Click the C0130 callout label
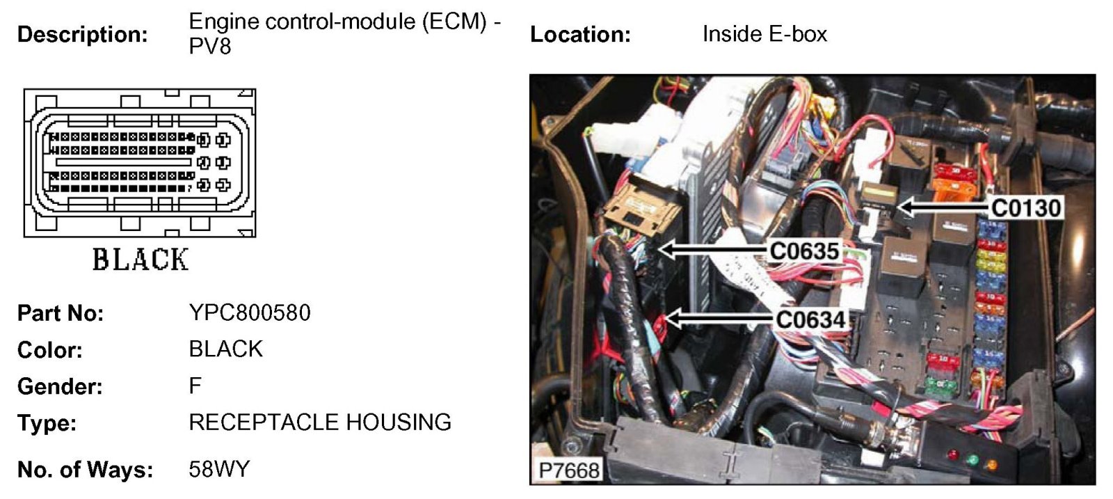click(1026, 207)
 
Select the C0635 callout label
click(804, 251)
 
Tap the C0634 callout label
click(810, 319)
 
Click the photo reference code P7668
click(569, 470)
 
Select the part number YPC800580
click(250, 312)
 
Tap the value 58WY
click(218, 469)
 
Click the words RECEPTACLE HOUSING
click(320, 422)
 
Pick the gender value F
click(195, 386)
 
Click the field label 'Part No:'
click(61, 313)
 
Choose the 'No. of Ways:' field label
click(85, 470)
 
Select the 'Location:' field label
click(580, 34)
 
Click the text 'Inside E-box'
click(764, 34)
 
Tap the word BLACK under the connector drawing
click(141, 260)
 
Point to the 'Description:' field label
click(82, 34)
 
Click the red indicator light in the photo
click(952, 456)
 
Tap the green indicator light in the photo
click(972, 460)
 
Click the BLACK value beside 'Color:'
click(225, 349)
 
